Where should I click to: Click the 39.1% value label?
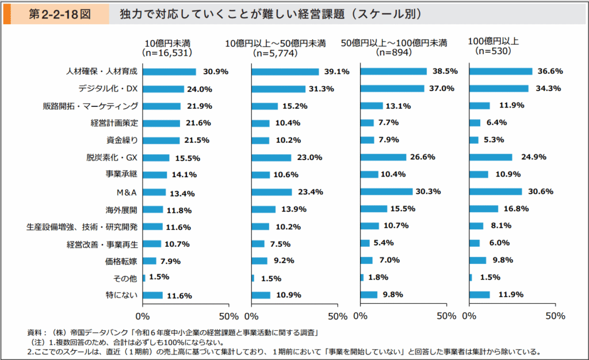[337, 72]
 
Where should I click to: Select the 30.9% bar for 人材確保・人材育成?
[169, 72]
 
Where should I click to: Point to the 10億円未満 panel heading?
[167, 43]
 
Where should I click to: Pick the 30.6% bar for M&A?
[495, 192]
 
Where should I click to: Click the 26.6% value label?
[423, 157]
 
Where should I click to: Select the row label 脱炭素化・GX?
[112, 157]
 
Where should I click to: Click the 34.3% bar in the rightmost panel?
[499, 89]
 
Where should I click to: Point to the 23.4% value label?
[309, 192]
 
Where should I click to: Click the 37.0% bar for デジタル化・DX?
[392, 89]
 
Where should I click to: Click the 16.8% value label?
[516, 209]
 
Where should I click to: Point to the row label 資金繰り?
[123, 140]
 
